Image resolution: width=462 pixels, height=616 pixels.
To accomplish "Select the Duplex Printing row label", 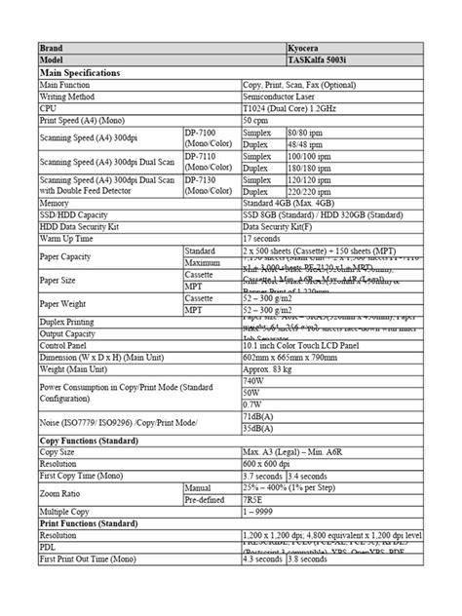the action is coord(73,319).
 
